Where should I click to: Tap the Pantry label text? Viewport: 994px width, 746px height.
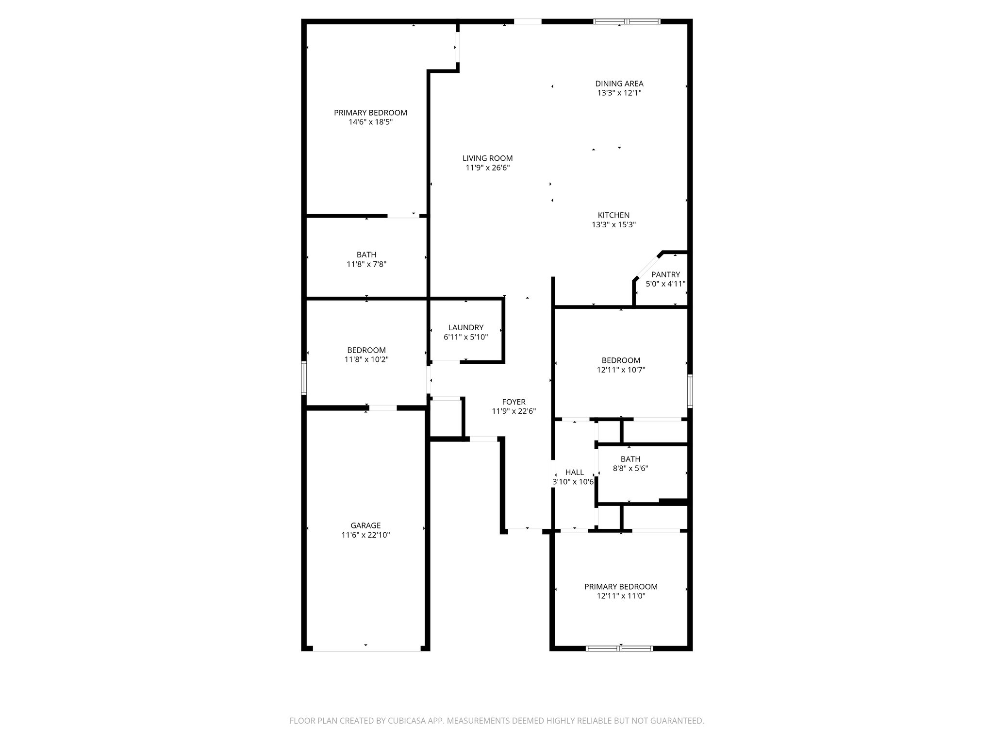pos(665,274)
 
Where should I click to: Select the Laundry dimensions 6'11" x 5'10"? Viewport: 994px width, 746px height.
pos(465,337)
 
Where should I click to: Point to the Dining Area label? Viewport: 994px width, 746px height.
pos(619,84)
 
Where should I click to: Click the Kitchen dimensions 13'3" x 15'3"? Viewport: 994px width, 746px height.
pos(613,225)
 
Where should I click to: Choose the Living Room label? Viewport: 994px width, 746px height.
pos(487,158)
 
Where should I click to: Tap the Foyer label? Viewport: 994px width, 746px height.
pos(514,402)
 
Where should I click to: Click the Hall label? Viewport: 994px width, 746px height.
pos(575,473)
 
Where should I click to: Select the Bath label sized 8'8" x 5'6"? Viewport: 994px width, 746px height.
pos(630,459)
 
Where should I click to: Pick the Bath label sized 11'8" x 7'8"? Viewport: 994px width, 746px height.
pos(366,255)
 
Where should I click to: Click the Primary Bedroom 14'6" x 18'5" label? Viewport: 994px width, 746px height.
pos(370,113)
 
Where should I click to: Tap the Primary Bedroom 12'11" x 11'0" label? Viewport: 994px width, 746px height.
pos(621,587)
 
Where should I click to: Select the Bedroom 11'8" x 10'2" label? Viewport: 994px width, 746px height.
pos(366,350)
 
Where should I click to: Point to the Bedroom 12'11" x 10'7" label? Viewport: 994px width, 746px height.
pos(621,360)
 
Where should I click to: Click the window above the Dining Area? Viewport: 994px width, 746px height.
pos(627,21)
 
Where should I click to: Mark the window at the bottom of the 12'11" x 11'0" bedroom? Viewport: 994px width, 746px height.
pos(619,648)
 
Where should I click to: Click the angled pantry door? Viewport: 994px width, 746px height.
pos(647,266)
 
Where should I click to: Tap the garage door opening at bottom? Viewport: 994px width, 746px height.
pos(366,649)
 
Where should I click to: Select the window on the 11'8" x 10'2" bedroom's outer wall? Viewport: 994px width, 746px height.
pos(304,377)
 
